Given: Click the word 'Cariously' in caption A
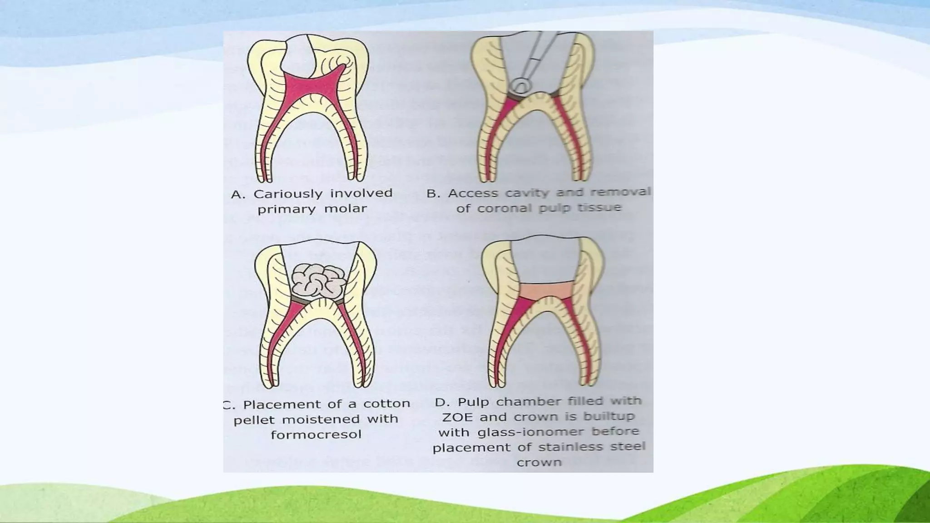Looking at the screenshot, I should pyautogui.click(x=287, y=194).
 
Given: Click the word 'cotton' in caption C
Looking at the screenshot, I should pyautogui.click(x=386, y=404).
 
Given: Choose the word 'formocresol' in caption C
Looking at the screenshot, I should pyautogui.click(x=316, y=434).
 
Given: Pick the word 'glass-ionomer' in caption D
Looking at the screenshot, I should pyautogui.click(x=508, y=432).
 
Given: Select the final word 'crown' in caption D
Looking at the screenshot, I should pyautogui.click(x=539, y=463).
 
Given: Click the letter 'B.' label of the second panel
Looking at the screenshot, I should pyautogui.click(x=433, y=194).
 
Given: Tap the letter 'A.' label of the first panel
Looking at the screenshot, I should pyautogui.click(x=238, y=195).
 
